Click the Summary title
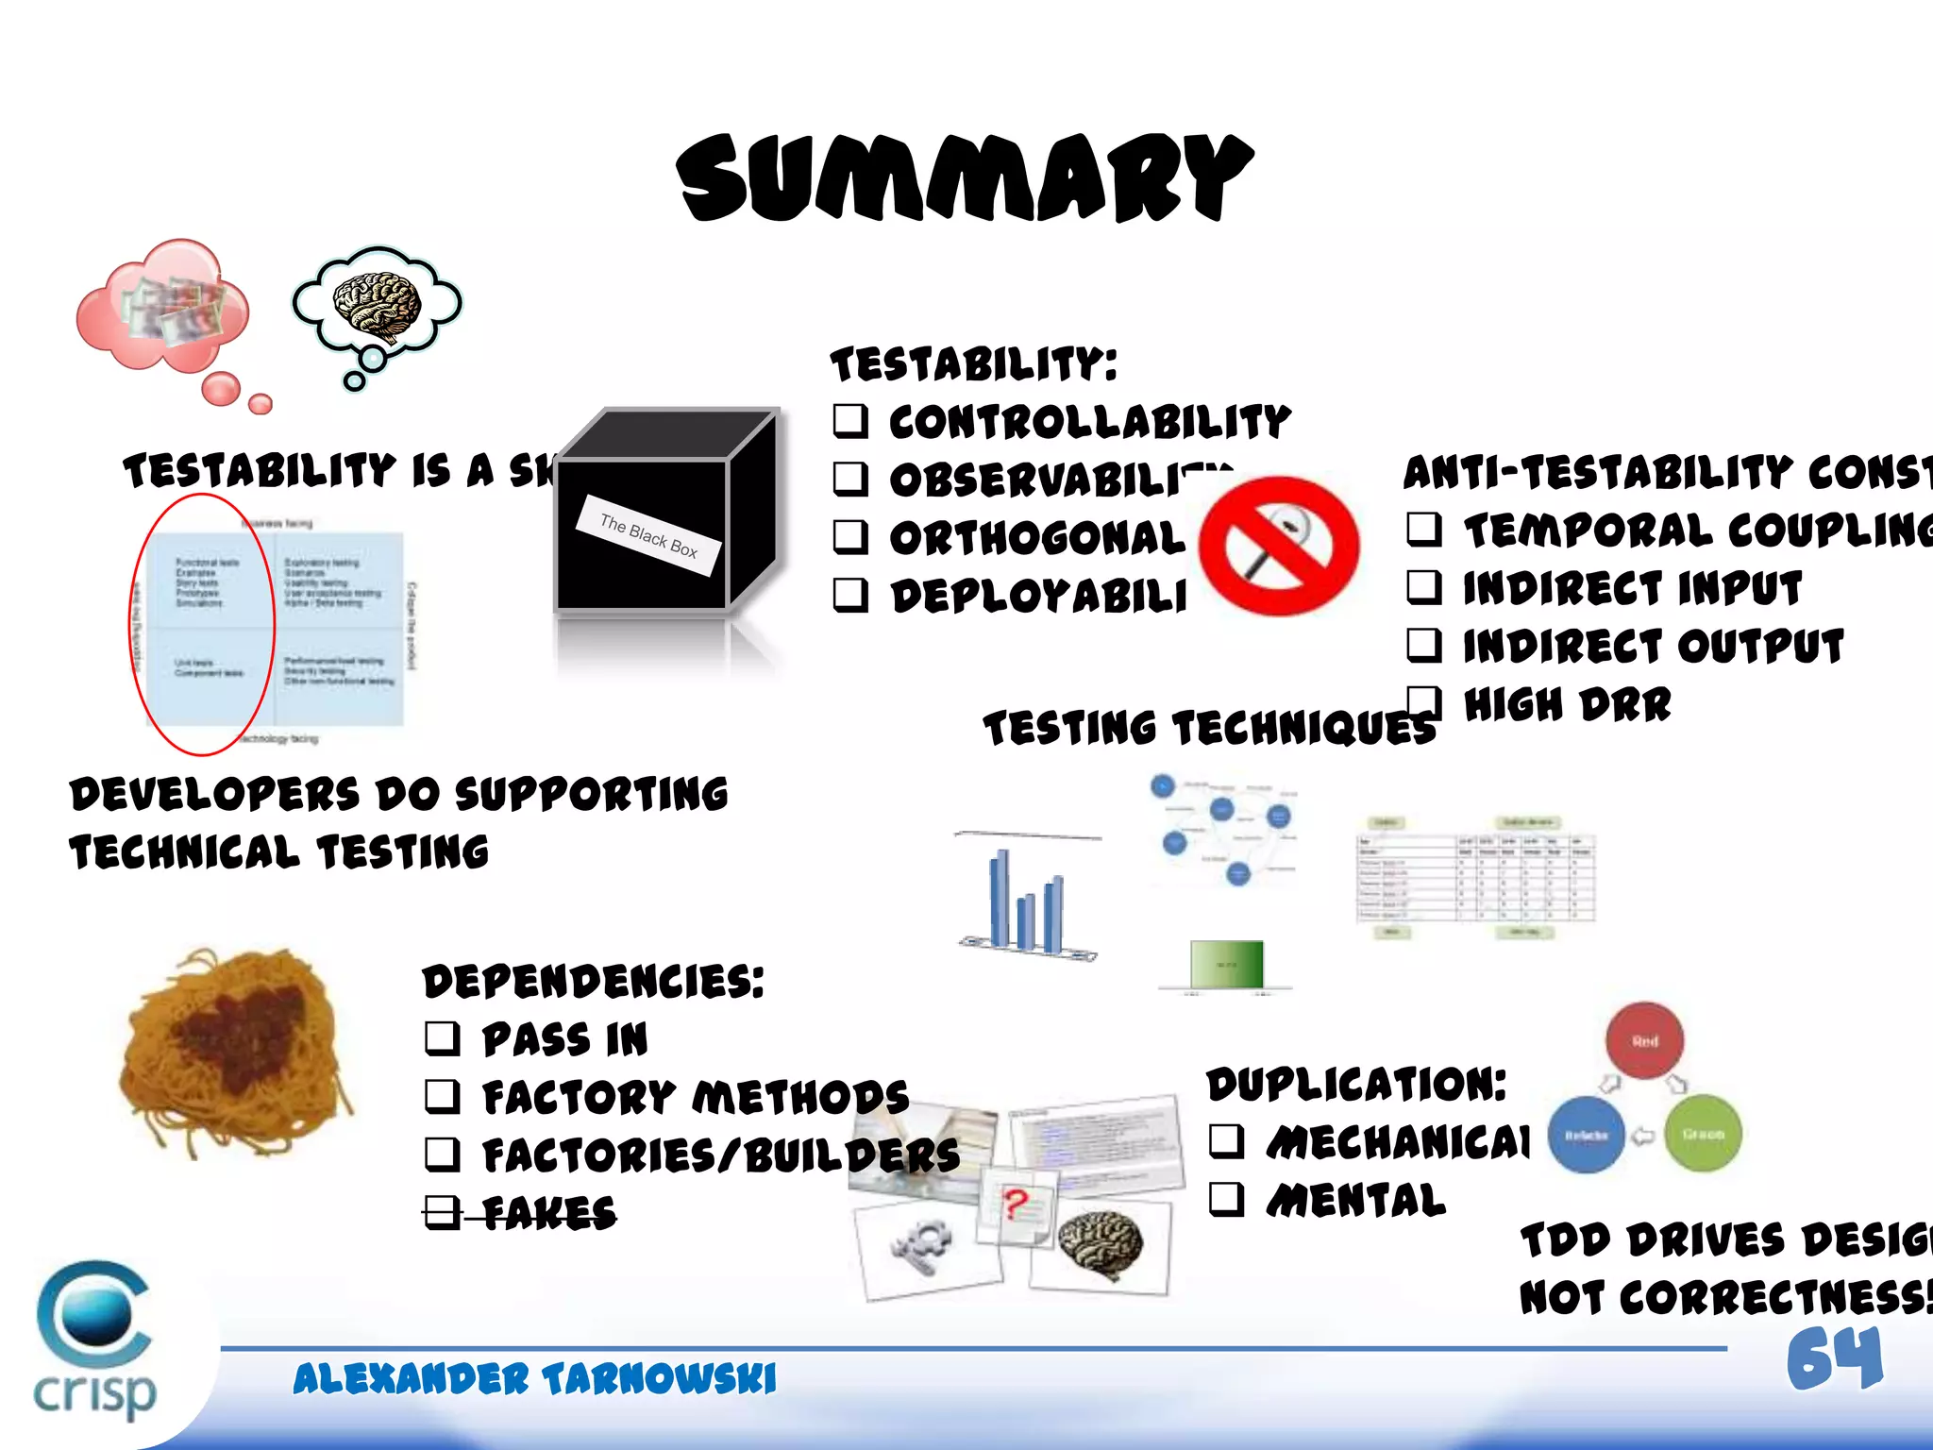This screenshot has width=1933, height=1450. pos(965,177)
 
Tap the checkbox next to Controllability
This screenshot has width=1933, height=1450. pos(850,420)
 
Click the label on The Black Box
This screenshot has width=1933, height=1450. pos(649,535)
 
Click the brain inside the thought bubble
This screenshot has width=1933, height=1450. pos(377,304)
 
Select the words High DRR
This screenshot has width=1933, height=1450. pos(1567,705)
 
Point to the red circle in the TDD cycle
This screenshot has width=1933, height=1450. pos(1644,1040)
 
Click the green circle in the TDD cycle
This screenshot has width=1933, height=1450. pos(1703,1134)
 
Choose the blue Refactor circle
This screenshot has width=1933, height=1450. pos(1586,1135)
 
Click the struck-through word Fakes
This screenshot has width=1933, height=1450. pos(548,1213)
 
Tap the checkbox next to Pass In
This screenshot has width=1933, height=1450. pos(442,1038)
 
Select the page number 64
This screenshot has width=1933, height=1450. pos(1834,1359)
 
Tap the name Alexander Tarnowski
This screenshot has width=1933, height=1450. pos(534,1379)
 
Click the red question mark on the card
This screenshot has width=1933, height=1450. pos(1016,1205)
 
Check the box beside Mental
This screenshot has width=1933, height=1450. pos(1226,1200)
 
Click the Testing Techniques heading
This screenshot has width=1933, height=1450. pos(1208,729)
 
